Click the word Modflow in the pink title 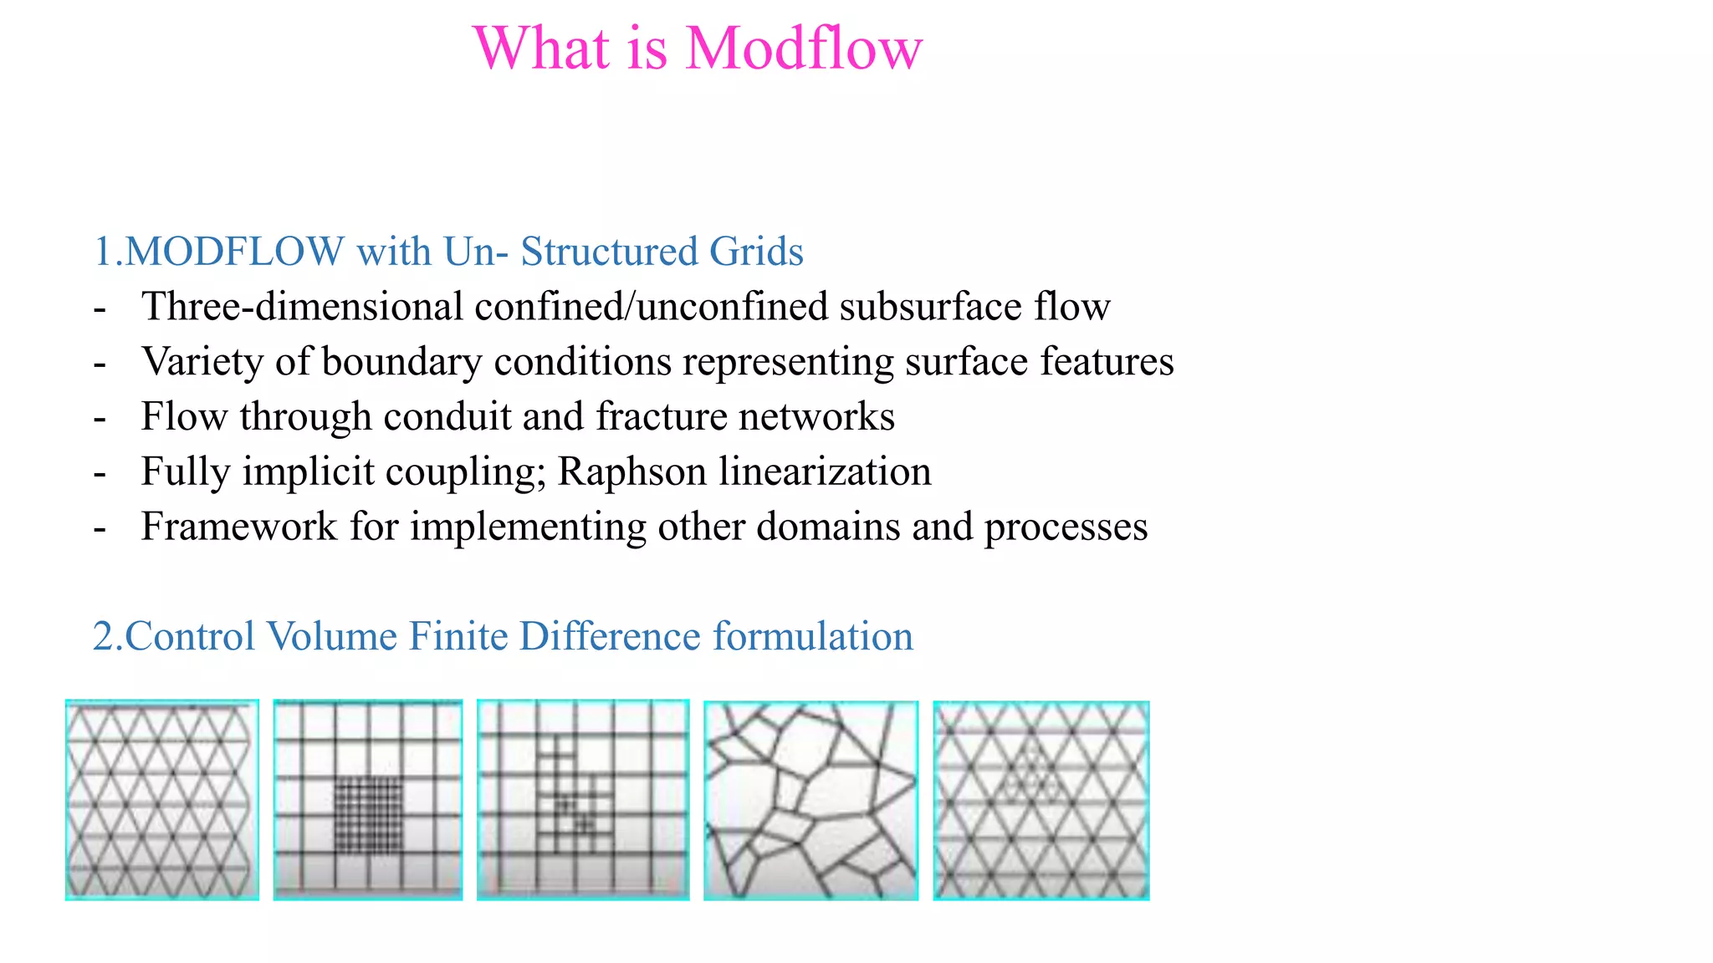(x=804, y=48)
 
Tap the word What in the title (x=541, y=48)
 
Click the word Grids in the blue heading (x=756, y=252)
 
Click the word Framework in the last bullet (x=239, y=527)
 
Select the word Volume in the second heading (x=332, y=636)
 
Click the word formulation (x=813, y=636)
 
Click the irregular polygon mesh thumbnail (x=810, y=800)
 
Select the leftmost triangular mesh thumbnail (x=161, y=799)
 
